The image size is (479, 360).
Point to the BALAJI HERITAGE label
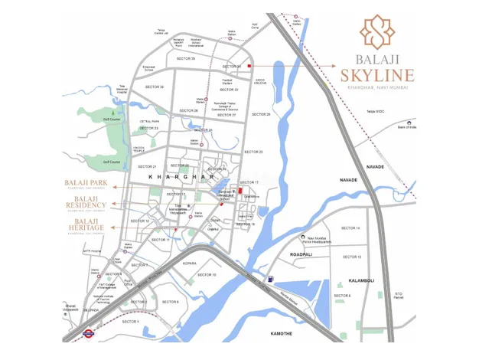click(86, 224)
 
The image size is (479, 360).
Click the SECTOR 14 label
click(350, 228)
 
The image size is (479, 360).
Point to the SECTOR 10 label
click(207, 274)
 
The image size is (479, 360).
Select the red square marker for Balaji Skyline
click(249, 66)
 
